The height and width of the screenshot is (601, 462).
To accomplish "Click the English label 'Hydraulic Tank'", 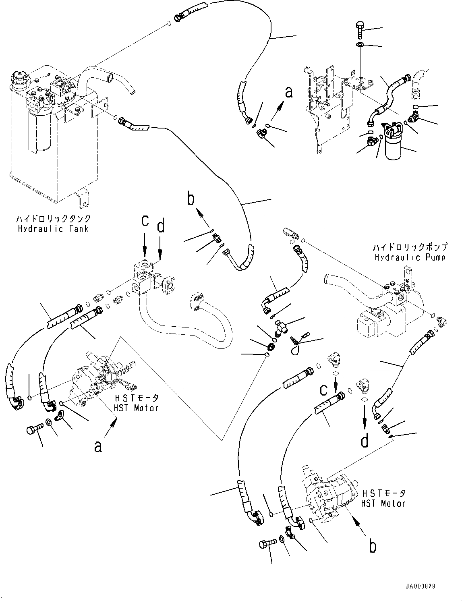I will [53, 229].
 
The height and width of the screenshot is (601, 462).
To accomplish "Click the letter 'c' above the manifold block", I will [145, 221].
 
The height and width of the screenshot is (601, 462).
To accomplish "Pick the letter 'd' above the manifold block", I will [160, 226].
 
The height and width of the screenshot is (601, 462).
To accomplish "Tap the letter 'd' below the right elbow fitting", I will [364, 441].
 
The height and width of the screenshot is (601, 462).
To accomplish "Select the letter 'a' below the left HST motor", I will [98, 446].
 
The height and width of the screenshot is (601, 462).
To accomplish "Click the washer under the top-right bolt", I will [360, 44].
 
